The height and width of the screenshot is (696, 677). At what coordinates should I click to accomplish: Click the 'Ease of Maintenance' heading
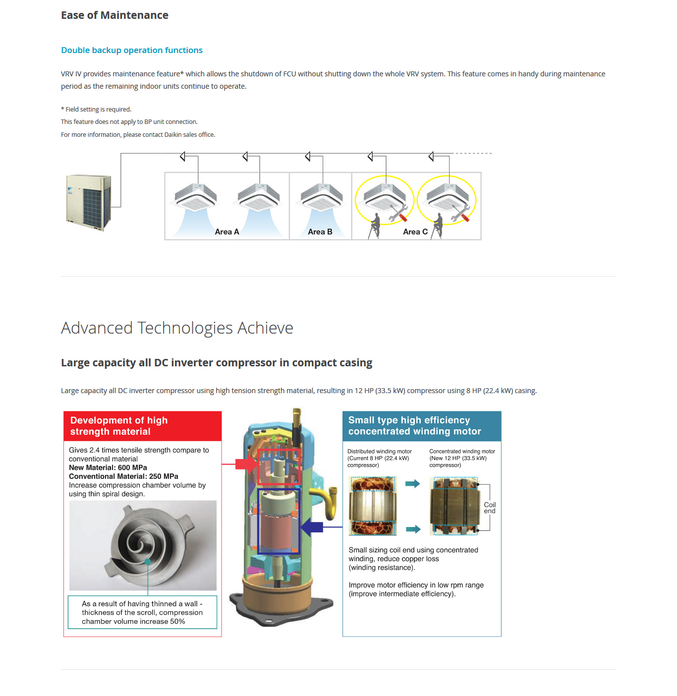click(114, 15)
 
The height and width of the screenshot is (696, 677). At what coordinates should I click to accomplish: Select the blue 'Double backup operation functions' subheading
click(132, 50)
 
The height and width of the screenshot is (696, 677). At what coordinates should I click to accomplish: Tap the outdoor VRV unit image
click(89, 202)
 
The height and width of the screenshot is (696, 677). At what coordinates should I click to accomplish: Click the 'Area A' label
click(227, 232)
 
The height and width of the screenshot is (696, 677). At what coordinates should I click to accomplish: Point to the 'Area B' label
click(320, 232)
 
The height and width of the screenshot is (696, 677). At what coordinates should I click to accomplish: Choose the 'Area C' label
click(415, 232)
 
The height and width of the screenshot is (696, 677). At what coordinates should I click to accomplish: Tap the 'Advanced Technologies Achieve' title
click(177, 328)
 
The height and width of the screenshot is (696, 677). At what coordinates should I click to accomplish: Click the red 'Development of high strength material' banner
click(142, 426)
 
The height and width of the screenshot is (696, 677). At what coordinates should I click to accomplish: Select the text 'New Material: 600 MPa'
click(108, 467)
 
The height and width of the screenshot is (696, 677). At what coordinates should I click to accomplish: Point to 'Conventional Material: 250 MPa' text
click(123, 476)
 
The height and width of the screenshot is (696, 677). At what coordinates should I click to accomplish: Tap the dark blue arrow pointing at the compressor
click(312, 527)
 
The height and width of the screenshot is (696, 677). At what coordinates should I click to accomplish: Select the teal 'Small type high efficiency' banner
click(422, 426)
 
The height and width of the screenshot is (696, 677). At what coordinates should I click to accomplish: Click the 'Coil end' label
click(490, 508)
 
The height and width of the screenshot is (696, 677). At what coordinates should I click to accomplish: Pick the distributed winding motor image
click(373, 506)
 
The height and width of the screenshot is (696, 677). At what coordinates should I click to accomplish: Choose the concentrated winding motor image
click(455, 506)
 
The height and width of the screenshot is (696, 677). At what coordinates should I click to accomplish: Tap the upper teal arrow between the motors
click(412, 484)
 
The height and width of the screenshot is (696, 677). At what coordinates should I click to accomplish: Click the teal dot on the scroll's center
click(148, 562)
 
